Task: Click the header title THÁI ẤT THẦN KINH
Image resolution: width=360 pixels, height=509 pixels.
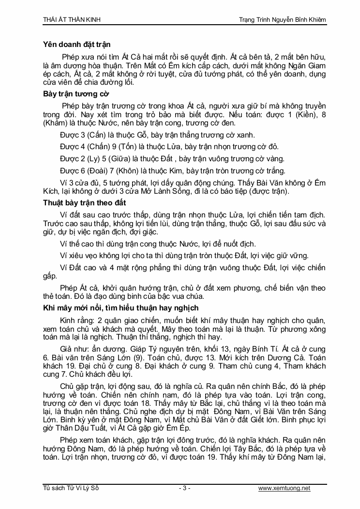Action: point(71,20)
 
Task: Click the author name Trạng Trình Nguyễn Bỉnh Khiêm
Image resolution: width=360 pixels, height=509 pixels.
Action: point(283,20)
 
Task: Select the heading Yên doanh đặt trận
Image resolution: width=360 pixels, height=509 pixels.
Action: point(76,45)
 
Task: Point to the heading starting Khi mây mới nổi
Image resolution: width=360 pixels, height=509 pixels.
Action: point(120,308)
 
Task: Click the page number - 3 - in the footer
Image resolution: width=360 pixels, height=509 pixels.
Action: point(184,488)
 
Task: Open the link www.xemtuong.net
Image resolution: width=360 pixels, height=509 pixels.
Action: point(284,488)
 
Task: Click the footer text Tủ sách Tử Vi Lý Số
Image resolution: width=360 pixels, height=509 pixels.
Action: point(71,488)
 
